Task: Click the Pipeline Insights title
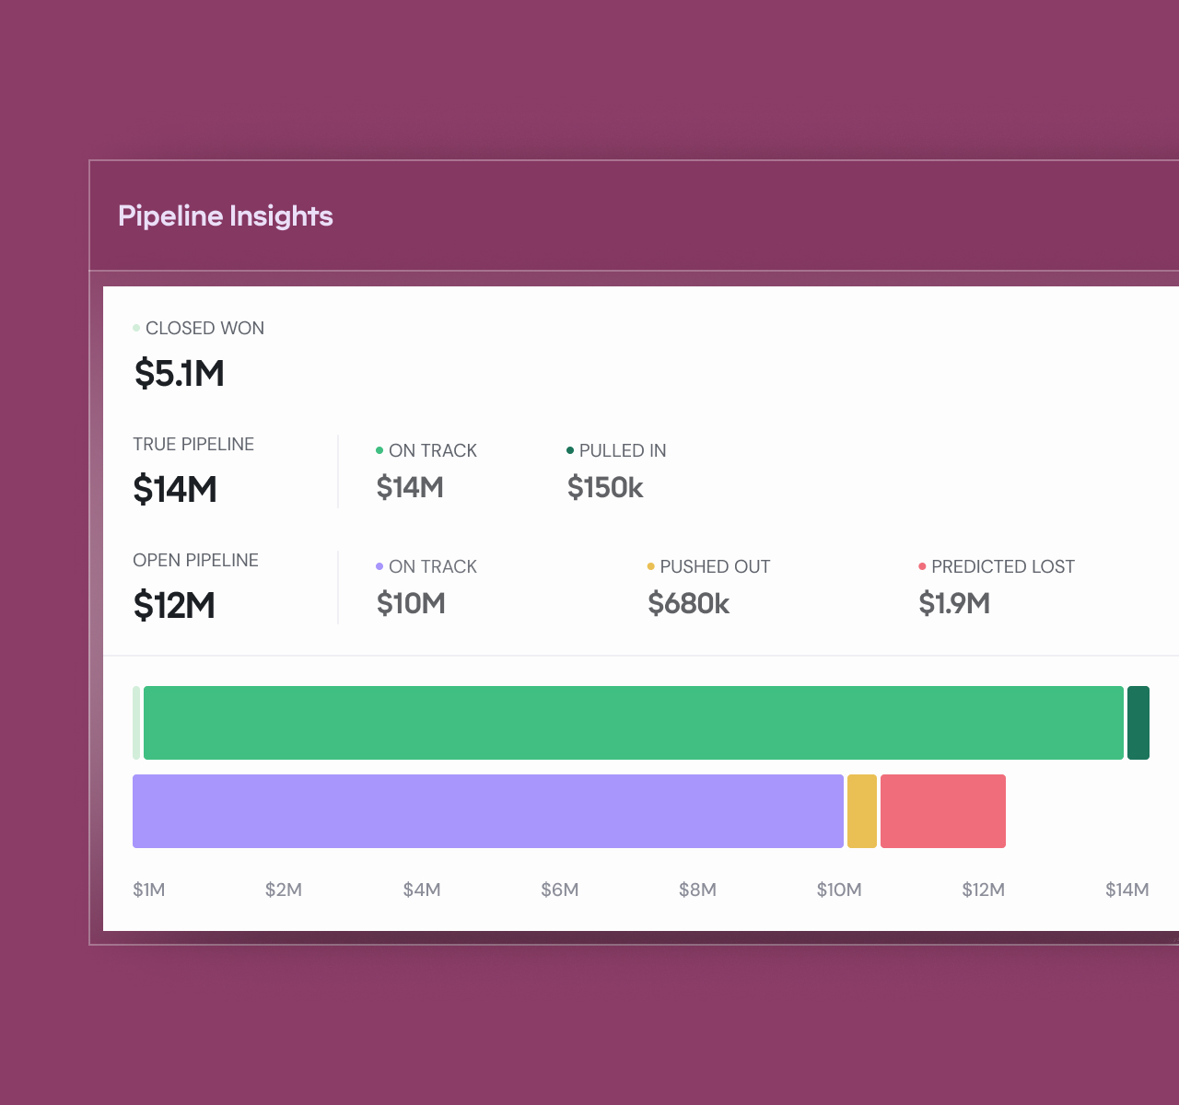[226, 215]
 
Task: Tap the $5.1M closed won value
[180, 373]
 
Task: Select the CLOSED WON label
[204, 328]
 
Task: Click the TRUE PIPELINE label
[193, 444]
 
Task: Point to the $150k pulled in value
[605, 487]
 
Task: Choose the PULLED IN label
[623, 450]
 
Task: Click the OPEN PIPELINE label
[195, 560]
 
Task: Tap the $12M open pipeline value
[174, 605]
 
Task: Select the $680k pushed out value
[688, 603]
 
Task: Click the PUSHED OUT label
[715, 566]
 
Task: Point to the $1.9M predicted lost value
[954, 603]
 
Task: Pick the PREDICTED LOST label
[1003, 566]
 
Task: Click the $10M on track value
[411, 603]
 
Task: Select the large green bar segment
[634, 723]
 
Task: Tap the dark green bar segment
[1138, 723]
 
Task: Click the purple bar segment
[488, 811]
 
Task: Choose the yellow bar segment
[862, 811]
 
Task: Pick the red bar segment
[943, 811]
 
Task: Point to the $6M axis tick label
[560, 890]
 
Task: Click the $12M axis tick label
[983, 890]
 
